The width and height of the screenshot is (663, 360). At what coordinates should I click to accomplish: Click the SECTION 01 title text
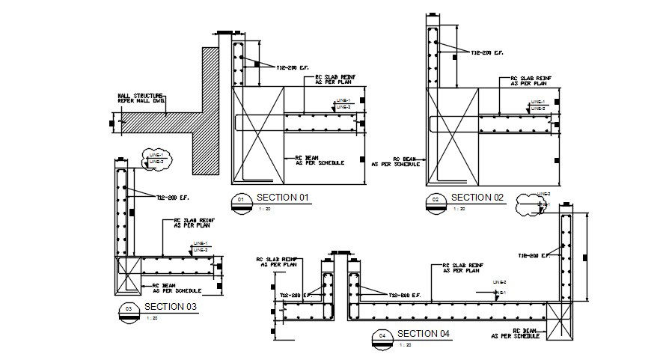coord(284,198)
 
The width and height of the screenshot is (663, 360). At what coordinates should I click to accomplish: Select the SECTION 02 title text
coord(478,198)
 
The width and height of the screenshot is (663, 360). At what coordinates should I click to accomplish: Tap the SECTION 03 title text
coord(171,307)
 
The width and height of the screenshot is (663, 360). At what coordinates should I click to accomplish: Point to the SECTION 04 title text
coord(424,334)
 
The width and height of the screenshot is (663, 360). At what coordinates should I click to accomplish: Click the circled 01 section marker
coord(241,200)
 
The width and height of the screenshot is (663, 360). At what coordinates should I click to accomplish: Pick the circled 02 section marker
coord(436,200)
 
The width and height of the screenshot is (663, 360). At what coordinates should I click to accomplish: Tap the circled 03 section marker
coord(129,309)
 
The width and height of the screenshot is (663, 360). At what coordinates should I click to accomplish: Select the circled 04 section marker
coord(382,336)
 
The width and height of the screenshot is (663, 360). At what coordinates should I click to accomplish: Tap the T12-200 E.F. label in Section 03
coord(173,198)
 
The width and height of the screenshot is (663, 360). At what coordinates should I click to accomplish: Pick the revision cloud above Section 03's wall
coord(155,158)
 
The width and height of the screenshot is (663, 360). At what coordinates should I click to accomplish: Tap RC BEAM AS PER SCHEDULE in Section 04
coord(517,334)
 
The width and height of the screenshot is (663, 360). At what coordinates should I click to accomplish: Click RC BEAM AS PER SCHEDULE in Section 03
coord(177,287)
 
